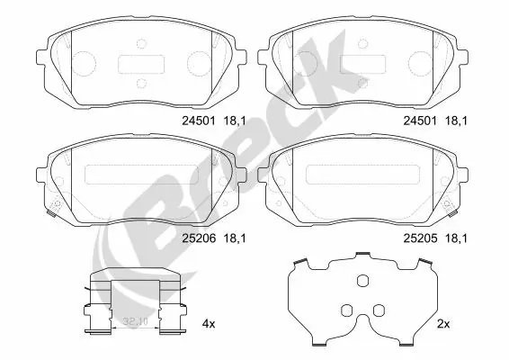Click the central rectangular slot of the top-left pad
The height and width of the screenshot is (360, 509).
[141, 65]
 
